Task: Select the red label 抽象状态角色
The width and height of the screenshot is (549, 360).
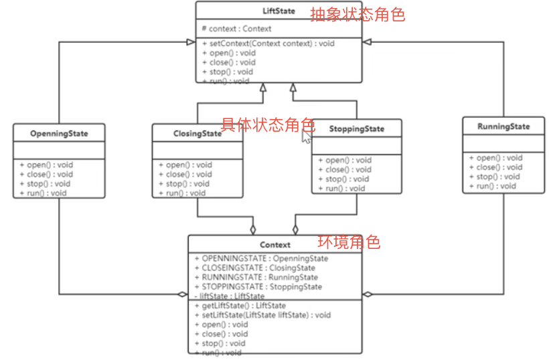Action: click(358, 14)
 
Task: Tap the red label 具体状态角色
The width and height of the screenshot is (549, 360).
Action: click(268, 124)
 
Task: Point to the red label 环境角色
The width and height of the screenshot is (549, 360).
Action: click(349, 242)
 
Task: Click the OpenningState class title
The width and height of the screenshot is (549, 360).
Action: click(59, 133)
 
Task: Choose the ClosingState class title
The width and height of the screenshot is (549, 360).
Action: click(197, 133)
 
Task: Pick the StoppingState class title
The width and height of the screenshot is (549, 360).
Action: click(357, 128)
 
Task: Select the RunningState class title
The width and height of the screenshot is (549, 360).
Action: click(503, 126)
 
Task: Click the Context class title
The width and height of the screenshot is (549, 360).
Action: click(275, 245)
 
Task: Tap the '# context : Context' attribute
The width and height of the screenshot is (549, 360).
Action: click(237, 29)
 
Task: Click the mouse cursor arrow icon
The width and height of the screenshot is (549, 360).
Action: click(306, 137)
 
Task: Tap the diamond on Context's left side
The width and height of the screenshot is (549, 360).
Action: click(182, 294)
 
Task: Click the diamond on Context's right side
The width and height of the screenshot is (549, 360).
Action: click(368, 294)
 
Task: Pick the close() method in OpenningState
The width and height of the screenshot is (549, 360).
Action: click(46, 174)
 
